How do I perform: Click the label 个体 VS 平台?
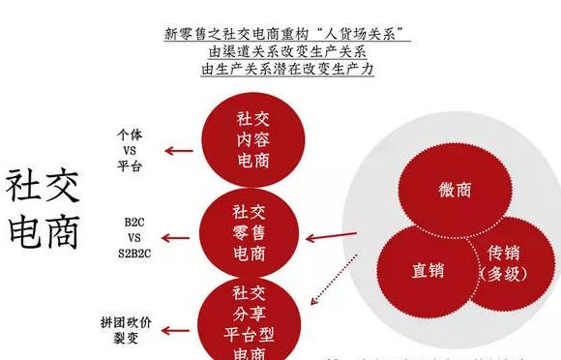[129, 151]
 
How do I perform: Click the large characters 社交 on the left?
[44, 185]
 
